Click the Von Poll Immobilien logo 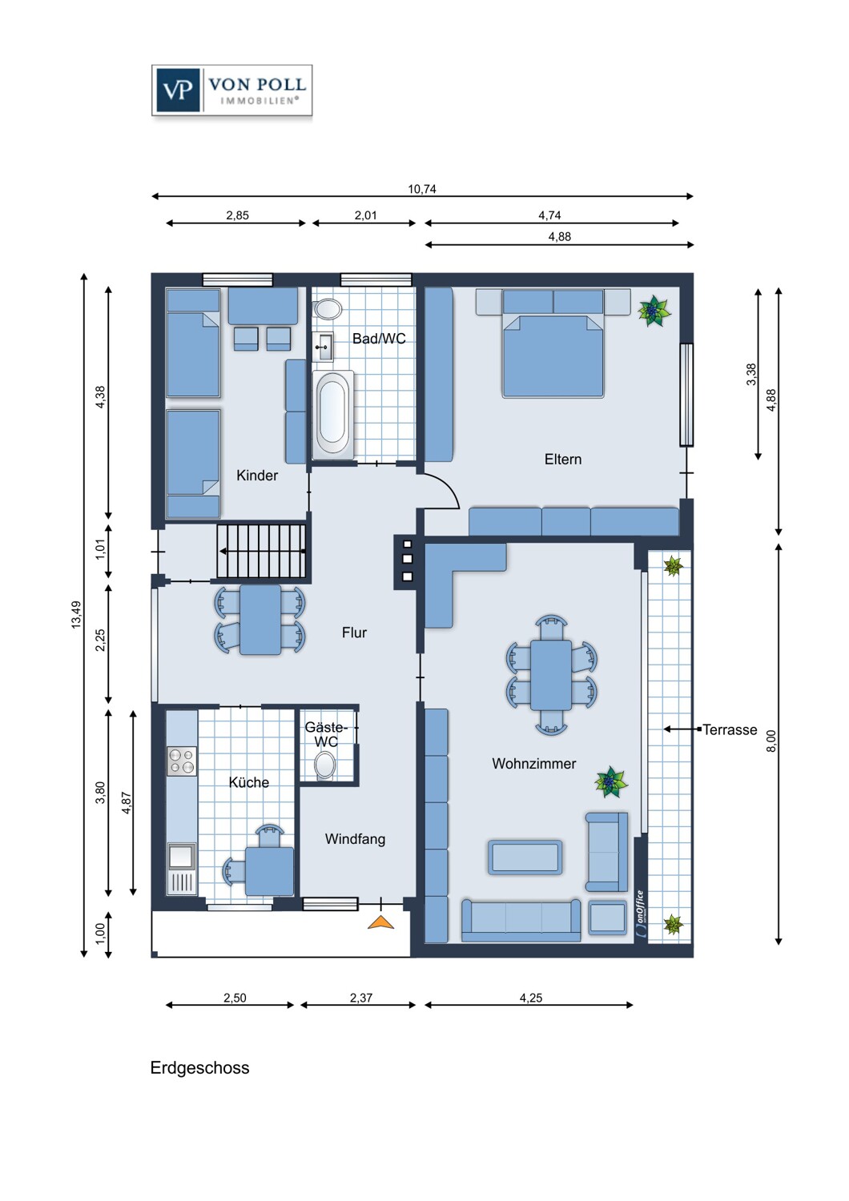tap(231, 91)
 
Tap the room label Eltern tap(562, 460)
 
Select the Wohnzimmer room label tap(533, 764)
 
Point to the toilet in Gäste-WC tap(325, 765)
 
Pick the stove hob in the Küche tap(182, 761)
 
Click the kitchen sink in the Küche tap(181, 857)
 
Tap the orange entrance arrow tap(381, 922)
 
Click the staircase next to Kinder tap(262, 551)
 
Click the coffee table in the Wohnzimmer tap(525, 858)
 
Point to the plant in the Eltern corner tap(654, 310)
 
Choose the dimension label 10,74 tap(422, 190)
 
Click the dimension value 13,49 tap(76, 614)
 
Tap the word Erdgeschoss tap(199, 1068)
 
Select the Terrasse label tap(730, 730)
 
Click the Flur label tap(354, 633)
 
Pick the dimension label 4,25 tap(530, 998)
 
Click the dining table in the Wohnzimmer tap(551, 675)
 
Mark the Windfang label tap(355, 839)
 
